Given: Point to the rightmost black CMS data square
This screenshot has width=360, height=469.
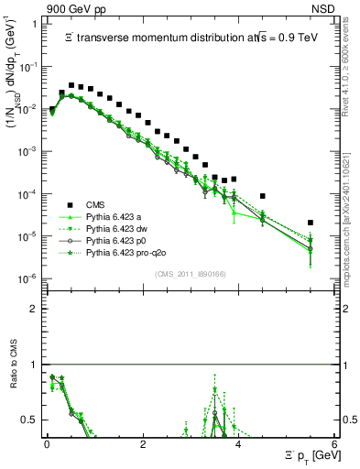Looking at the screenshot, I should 311,223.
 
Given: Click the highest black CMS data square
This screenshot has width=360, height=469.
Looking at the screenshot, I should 71,85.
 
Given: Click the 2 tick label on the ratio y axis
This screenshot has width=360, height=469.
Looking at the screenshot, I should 33,309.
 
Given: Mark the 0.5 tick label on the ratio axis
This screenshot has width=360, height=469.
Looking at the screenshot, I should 29,420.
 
